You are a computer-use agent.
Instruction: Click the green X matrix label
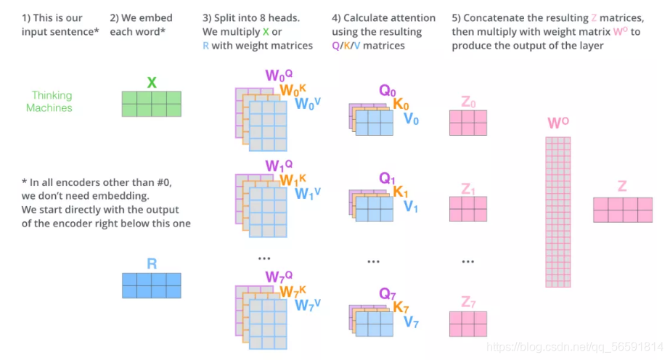[x=152, y=82]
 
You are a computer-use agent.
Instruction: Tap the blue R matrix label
[x=152, y=263]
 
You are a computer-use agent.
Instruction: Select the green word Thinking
[x=52, y=95]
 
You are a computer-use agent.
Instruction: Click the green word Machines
[x=49, y=107]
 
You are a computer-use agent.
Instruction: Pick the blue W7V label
[x=307, y=305]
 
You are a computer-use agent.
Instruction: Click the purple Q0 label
[x=388, y=91]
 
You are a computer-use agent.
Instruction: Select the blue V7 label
[x=411, y=322]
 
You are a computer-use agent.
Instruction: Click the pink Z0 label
[x=468, y=102]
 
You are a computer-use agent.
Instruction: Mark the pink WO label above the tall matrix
[x=557, y=123]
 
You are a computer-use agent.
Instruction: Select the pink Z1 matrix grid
[x=468, y=209]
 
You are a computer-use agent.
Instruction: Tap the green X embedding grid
[x=152, y=104]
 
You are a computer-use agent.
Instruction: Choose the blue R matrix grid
[x=152, y=285]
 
